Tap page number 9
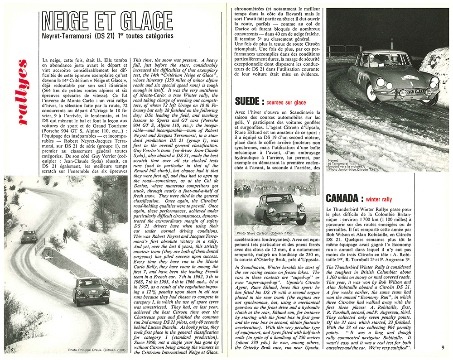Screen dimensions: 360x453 tap(443, 347)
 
